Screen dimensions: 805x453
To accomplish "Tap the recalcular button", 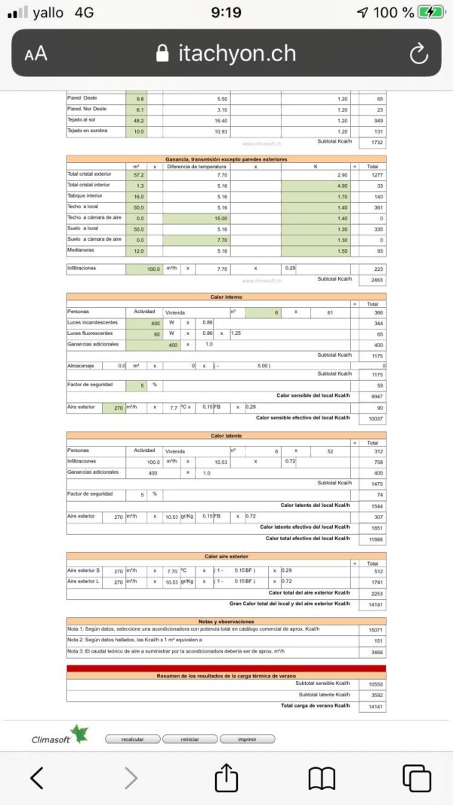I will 132,739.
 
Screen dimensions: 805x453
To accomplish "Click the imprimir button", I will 247,739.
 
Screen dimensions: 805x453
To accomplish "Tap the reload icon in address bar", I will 418,53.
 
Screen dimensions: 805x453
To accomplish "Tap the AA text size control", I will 35,54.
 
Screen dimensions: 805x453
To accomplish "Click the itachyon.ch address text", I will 236,53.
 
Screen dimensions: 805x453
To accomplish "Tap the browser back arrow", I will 37,777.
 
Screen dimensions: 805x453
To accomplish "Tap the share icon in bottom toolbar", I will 226,777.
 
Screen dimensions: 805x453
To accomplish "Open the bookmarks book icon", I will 322,777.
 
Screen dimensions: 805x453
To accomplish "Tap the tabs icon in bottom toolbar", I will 416,777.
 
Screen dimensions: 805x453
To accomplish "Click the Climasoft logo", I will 60,736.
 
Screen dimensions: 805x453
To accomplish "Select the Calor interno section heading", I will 226,297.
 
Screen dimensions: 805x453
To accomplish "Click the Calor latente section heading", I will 226,435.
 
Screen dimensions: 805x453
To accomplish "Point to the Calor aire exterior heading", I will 226,556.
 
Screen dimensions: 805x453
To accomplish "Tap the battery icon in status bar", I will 431,12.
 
